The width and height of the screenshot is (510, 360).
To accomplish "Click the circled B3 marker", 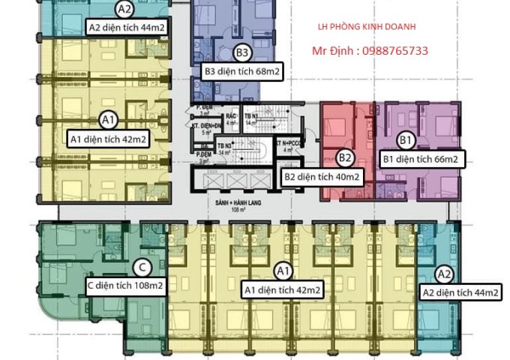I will coord(241,52).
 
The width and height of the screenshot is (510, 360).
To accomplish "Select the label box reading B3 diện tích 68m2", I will coord(241,72).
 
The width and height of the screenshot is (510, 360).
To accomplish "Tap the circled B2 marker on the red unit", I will coord(345,158).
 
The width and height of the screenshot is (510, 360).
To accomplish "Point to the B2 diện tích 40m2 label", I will coord(322,178).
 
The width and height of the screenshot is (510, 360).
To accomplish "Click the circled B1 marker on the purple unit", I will coord(406,139).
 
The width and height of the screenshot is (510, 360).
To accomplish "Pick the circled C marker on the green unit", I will coord(142,268).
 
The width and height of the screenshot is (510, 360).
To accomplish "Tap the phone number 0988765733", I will coord(395,51).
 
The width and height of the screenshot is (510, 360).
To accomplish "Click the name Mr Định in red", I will coord(333,51).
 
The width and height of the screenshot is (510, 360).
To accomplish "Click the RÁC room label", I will coord(230,118).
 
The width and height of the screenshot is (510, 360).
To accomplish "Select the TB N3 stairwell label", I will coord(223,145).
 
